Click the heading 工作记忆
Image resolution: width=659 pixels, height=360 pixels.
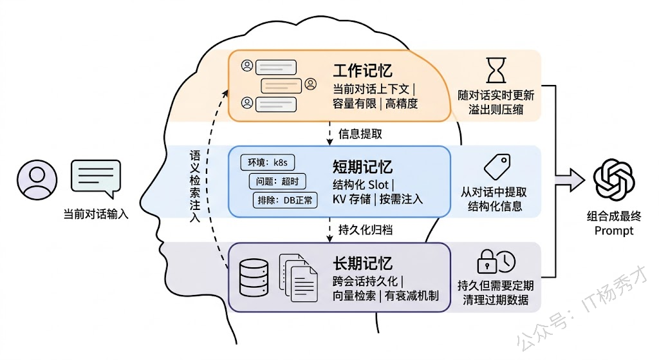(x=363, y=70)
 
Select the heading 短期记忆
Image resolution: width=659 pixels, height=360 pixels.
(x=363, y=166)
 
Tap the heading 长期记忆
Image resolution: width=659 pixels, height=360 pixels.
(x=363, y=263)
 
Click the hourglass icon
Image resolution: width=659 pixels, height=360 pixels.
(x=496, y=70)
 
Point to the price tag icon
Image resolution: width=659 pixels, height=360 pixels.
(x=496, y=166)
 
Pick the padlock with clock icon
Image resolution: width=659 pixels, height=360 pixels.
(x=496, y=261)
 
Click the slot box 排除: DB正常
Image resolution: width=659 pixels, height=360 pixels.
(x=285, y=200)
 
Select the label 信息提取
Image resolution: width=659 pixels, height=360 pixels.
(x=360, y=134)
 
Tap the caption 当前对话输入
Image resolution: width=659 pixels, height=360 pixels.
(x=96, y=214)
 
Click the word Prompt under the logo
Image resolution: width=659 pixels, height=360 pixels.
(x=614, y=231)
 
